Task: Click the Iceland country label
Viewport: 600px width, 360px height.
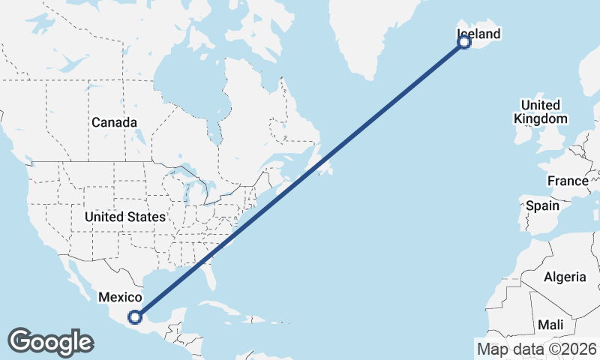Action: [x=478, y=34]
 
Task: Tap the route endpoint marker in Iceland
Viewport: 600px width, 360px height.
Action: [x=464, y=42]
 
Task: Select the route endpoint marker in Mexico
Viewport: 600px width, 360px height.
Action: [x=135, y=316]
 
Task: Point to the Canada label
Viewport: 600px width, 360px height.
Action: [x=114, y=122]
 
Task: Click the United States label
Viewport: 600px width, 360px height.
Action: [x=124, y=217]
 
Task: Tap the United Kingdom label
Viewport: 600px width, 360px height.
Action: [x=540, y=112]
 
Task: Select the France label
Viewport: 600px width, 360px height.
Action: [x=568, y=181]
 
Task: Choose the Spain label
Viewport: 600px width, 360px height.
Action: [x=542, y=205]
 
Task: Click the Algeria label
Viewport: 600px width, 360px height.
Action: [x=565, y=277]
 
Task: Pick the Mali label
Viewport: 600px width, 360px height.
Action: [x=550, y=325]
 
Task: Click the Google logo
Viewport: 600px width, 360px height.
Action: [x=50, y=342]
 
